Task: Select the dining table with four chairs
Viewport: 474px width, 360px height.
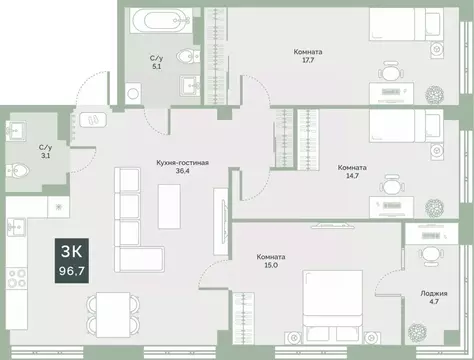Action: click(107, 314)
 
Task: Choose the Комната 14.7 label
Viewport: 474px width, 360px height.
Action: click(351, 173)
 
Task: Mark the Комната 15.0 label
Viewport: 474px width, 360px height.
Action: click(271, 262)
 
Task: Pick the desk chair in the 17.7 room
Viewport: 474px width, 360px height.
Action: click(390, 73)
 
